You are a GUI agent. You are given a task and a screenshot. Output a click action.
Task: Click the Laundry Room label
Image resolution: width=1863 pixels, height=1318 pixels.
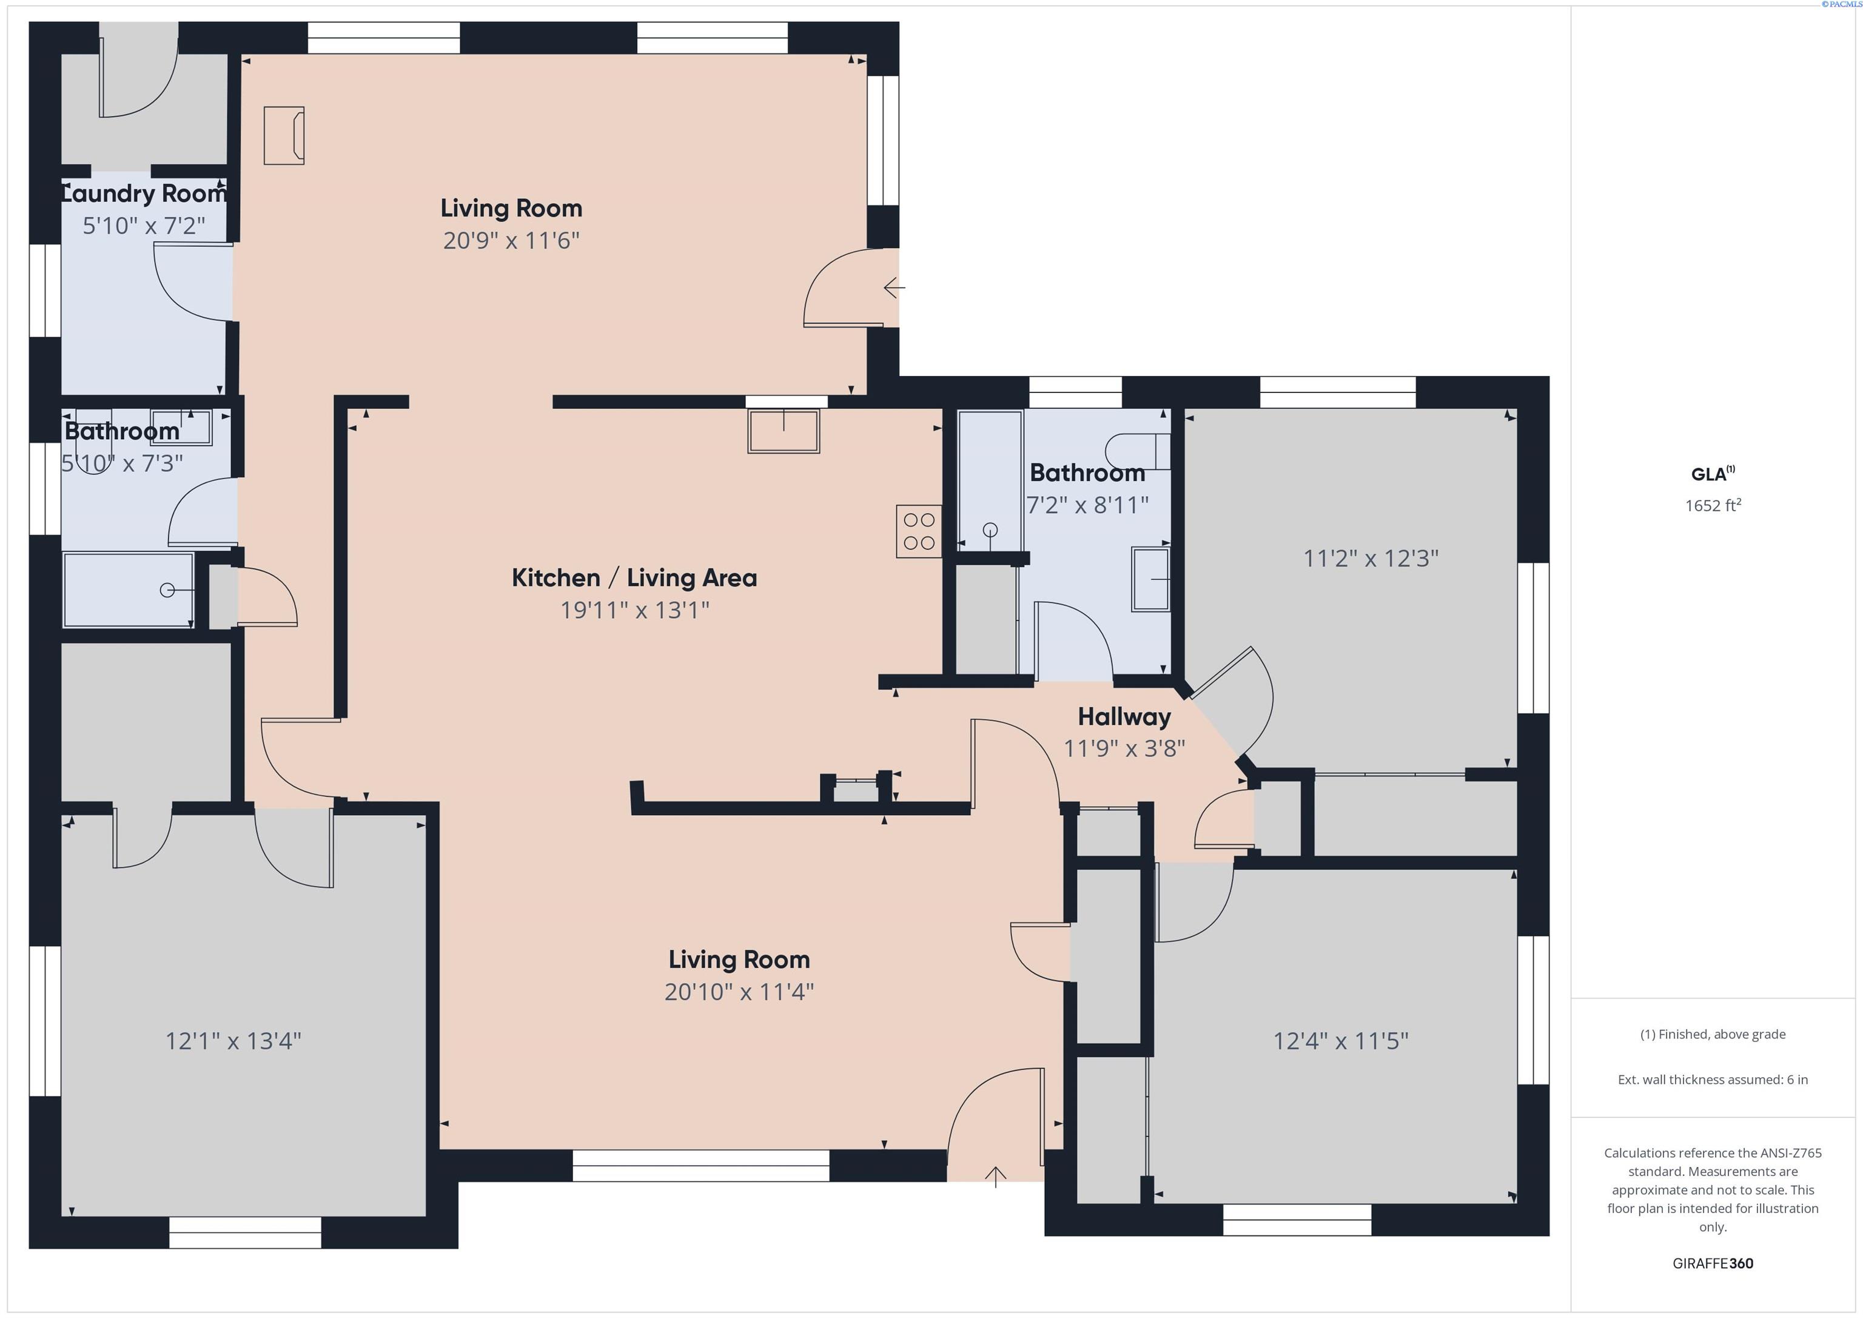click(144, 194)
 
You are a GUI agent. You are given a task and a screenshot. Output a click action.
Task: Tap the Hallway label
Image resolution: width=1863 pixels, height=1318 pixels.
click(1124, 717)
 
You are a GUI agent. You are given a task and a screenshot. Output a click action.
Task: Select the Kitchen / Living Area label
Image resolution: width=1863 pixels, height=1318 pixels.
click(634, 578)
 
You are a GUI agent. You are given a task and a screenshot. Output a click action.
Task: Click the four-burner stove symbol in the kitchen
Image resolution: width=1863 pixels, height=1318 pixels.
click(919, 531)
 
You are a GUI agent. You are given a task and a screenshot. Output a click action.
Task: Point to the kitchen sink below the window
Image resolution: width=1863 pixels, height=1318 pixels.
click(784, 431)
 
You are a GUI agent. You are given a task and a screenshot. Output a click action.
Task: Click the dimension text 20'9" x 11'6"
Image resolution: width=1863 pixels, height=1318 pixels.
click(511, 240)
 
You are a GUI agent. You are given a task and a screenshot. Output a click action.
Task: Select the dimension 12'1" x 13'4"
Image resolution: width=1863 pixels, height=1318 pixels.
click(233, 1040)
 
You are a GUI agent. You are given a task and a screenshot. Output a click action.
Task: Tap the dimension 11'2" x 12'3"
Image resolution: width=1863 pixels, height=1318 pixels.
click(1371, 559)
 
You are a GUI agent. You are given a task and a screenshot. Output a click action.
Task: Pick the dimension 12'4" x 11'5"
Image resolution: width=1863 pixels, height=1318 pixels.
click(1340, 1040)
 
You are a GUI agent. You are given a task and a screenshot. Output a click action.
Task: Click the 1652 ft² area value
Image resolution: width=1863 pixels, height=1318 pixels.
click(1713, 505)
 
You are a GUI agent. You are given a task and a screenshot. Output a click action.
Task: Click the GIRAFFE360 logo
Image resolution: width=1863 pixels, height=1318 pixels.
click(1713, 1263)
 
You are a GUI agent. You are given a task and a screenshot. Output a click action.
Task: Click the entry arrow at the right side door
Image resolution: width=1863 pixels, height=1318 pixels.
click(894, 287)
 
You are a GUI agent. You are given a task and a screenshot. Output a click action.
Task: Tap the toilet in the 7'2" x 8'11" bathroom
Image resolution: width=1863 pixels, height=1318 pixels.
click(1138, 451)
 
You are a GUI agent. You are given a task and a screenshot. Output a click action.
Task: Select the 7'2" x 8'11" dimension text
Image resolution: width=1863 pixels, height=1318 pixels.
click(1087, 505)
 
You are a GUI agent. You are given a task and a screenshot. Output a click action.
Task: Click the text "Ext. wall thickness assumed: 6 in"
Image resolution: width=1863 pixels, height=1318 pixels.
click(1713, 1080)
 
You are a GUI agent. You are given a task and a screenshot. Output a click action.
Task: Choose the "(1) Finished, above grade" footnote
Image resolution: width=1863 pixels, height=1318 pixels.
click(1713, 1034)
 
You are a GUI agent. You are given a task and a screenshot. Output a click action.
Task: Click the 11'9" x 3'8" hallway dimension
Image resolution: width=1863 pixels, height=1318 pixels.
click(1124, 748)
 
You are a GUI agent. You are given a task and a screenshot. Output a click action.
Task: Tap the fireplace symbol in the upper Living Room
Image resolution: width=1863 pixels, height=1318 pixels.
click(284, 135)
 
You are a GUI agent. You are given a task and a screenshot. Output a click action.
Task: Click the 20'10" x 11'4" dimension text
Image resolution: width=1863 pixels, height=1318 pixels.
click(739, 992)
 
